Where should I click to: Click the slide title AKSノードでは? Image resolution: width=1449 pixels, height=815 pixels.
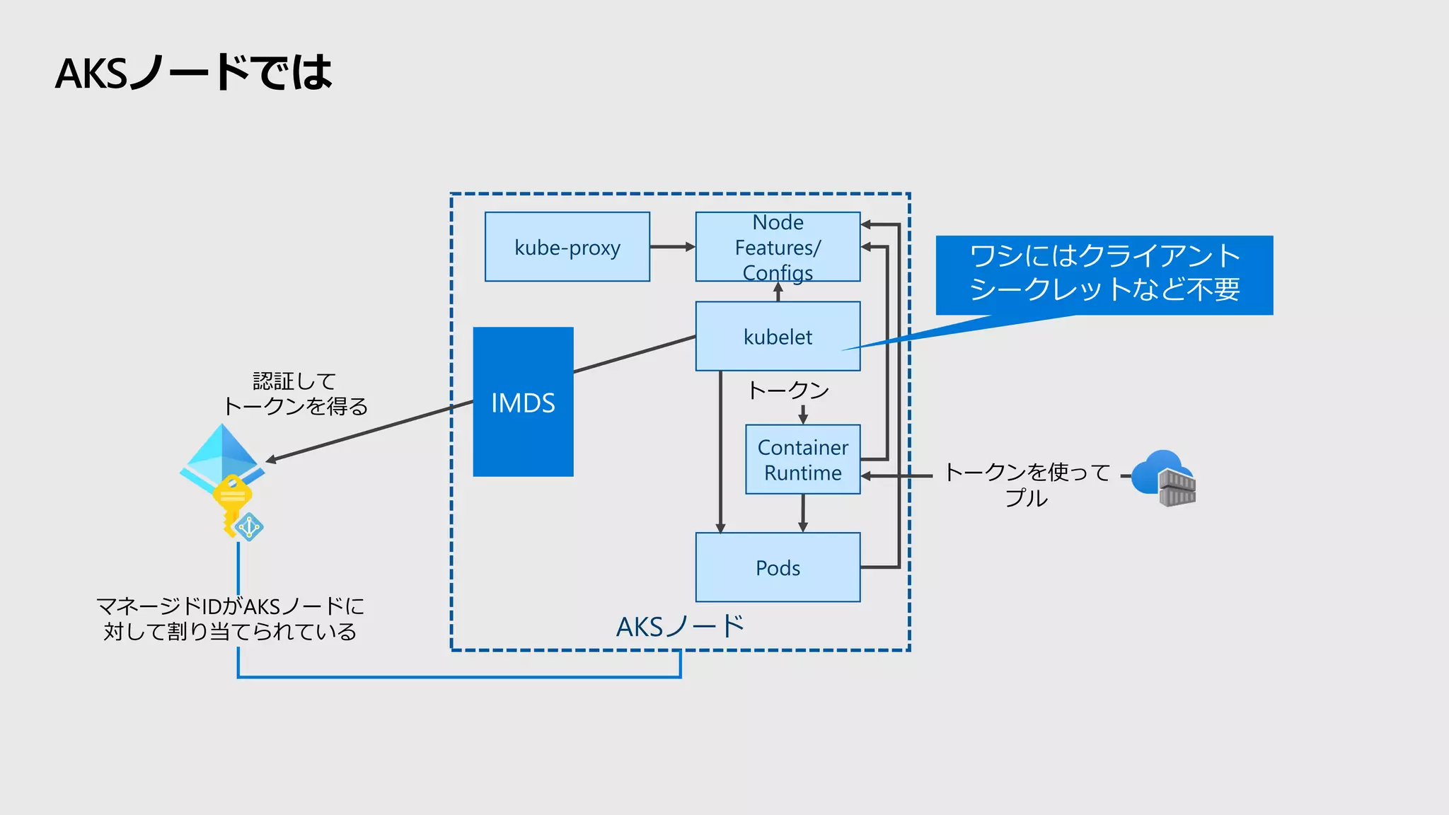click(193, 73)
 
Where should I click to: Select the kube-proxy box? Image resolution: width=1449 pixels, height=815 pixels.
click(567, 247)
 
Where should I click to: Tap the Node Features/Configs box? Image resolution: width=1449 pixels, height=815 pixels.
click(778, 247)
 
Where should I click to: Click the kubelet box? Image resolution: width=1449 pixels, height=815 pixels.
click(778, 336)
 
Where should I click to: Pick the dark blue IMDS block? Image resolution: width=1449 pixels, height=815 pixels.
click(523, 402)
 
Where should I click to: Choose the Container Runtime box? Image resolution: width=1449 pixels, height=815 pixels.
click(802, 459)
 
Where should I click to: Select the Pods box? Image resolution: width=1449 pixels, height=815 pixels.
click(778, 567)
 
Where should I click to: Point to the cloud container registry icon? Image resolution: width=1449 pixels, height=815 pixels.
click(1164, 479)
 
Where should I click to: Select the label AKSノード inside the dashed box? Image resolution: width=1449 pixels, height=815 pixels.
click(680, 626)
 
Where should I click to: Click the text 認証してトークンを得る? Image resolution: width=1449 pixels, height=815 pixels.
click(295, 393)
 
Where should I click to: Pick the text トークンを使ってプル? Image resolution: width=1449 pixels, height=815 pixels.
click(1027, 485)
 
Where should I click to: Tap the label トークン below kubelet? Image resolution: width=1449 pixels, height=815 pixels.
click(787, 390)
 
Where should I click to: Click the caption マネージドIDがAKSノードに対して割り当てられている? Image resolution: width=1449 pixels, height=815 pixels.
click(230, 618)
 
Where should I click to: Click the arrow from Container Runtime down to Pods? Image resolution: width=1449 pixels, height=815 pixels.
click(802, 512)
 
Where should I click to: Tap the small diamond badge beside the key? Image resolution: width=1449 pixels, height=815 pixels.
click(249, 527)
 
